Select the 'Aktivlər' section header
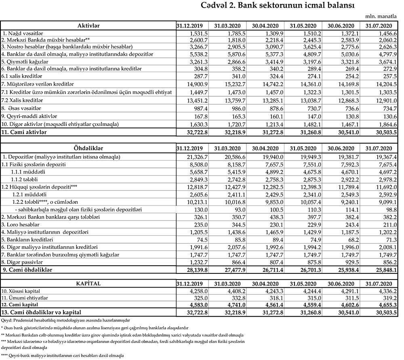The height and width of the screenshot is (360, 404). pos(88,25)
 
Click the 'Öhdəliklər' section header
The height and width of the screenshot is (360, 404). pos(88,148)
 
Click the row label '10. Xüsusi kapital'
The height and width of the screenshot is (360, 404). pos(22,291)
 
